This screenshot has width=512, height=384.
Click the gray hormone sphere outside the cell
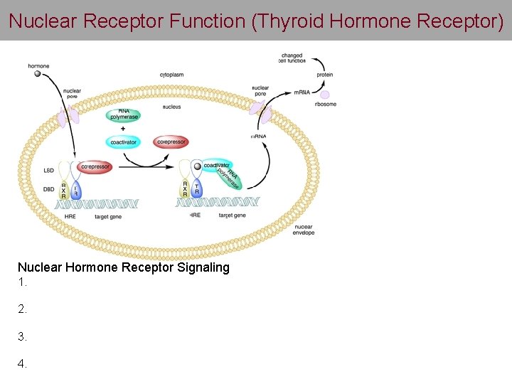[x=37, y=73]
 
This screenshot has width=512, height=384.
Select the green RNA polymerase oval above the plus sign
[x=124, y=114]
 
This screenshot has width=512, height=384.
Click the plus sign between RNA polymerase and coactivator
[x=123, y=129]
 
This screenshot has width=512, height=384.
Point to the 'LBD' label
[x=49, y=171]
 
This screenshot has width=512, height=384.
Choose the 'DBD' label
[x=49, y=188]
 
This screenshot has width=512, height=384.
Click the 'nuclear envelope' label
[x=303, y=230]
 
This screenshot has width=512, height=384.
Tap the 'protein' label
[x=324, y=75]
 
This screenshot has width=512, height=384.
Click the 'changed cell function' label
[x=292, y=58]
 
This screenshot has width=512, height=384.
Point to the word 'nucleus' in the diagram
[x=171, y=107]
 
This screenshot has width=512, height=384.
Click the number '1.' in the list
[x=23, y=282]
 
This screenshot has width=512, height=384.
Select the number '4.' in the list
[x=23, y=363]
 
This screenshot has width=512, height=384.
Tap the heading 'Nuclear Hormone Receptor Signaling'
[x=124, y=267]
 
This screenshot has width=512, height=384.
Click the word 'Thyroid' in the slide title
[x=290, y=21]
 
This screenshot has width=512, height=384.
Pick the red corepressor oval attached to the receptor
[x=95, y=167]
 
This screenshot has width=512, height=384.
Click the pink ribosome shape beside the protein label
[x=325, y=94]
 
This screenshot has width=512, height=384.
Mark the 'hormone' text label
[x=38, y=66]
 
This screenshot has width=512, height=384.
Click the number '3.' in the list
[x=23, y=336]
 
